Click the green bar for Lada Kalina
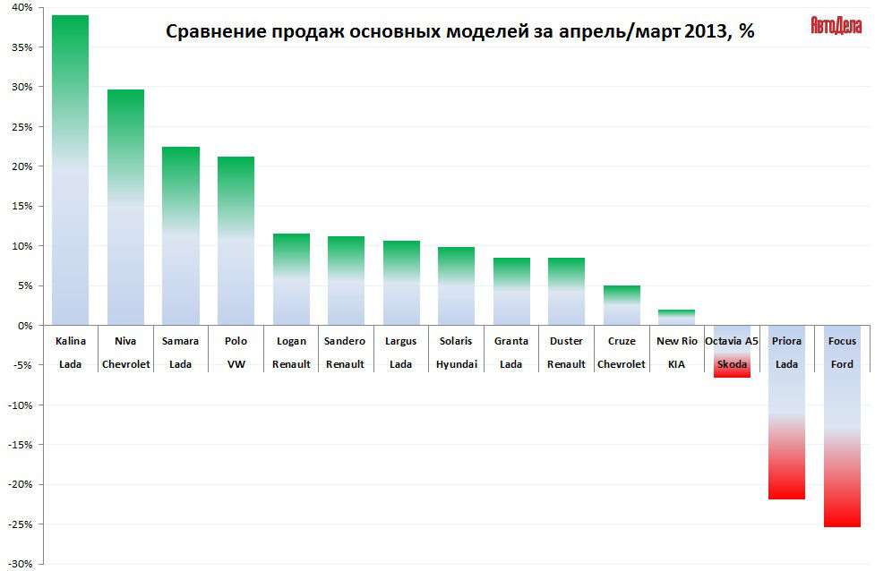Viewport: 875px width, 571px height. (x=71, y=170)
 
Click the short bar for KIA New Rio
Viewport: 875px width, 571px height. (x=677, y=318)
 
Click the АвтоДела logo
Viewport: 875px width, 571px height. (x=836, y=25)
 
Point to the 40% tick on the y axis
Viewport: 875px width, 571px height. (x=21, y=8)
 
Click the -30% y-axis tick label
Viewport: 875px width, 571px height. (x=20, y=564)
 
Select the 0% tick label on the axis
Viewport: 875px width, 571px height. (x=25, y=326)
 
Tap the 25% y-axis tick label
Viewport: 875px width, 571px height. (x=21, y=127)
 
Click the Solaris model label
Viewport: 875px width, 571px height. (x=456, y=341)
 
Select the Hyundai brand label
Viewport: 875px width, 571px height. (x=456, y=364)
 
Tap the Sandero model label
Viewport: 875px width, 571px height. (x=345, y=341)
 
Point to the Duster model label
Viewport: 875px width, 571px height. (x=566, y=341)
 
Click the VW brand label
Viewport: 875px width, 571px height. (x=236, y=364)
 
